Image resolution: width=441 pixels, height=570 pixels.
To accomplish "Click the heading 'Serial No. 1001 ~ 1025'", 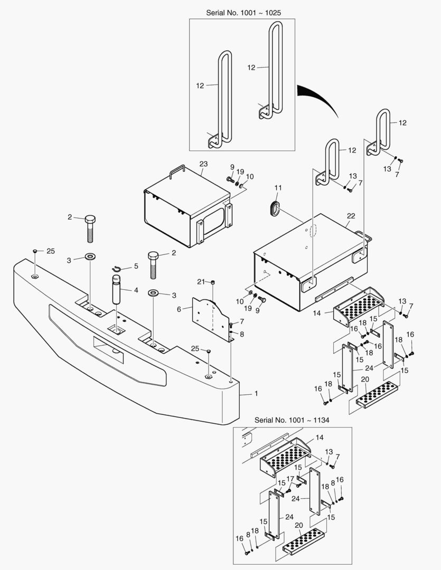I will [x=242, y=12].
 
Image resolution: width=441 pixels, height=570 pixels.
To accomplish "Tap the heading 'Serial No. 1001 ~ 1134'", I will [x=292, y=420].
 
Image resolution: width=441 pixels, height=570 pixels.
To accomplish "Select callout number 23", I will [x=204, y=164].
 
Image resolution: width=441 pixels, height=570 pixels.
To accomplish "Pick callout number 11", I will [x=278, y=187].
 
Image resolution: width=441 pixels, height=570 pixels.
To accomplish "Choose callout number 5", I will [x=136, y=267].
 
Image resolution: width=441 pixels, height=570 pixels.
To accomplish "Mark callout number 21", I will [x=201, y=280].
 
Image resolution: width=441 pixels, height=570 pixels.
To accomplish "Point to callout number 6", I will [x=179, y=309].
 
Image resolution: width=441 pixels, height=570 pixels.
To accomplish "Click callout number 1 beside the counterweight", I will [x=257, y=394].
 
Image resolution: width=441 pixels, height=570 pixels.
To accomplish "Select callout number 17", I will [x=290, y=479].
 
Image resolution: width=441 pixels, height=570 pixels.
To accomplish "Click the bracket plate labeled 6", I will [x=211, y=317].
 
